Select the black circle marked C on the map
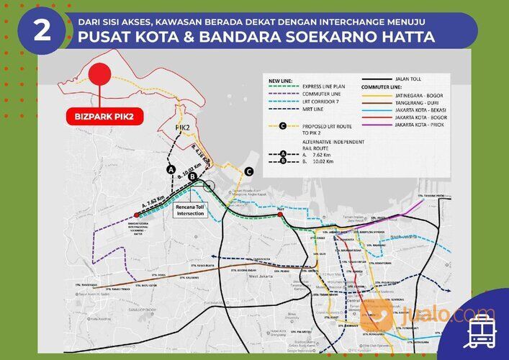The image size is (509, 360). point(248,171)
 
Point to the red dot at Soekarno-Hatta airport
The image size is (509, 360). point(136,215)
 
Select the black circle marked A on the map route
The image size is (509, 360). point(171,170)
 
